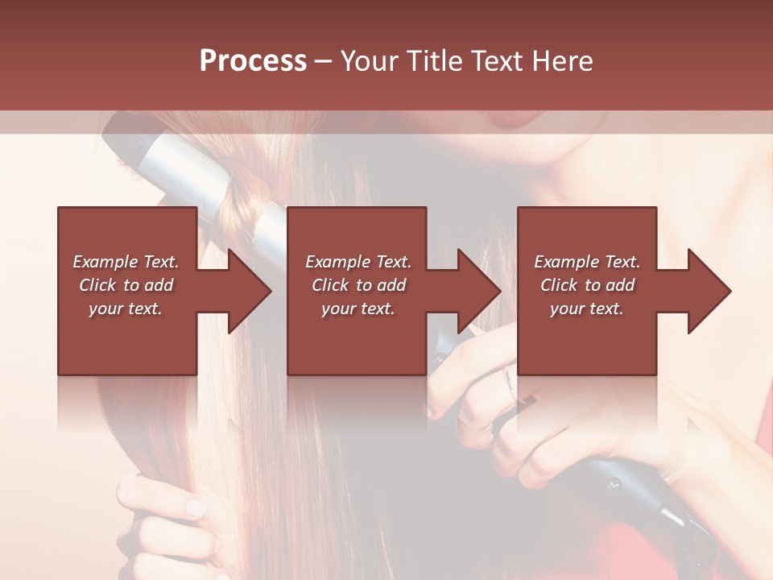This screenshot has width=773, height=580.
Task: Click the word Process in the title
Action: pyautogui.click(x=253, y=61)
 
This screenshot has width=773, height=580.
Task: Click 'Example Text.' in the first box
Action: pyautogui.click(x=126, y=262)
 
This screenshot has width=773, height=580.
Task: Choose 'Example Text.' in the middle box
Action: pyautogui.click(x=358, y=262)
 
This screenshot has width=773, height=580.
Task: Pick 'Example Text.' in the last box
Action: pyautogui.click(x=587, y=262)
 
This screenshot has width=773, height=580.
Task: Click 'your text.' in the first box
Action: pyautogui.click(x=126, y=309)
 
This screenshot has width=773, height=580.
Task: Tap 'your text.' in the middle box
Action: pyautogui.click(x=358, y=309)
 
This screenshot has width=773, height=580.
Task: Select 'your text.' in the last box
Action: pyautogui.click(x=587, y=309)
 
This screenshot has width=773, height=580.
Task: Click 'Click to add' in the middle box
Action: pyautogui.click(x=358, y=285)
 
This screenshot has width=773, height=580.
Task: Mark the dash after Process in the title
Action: pyautogui.click(x=323, y=61)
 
